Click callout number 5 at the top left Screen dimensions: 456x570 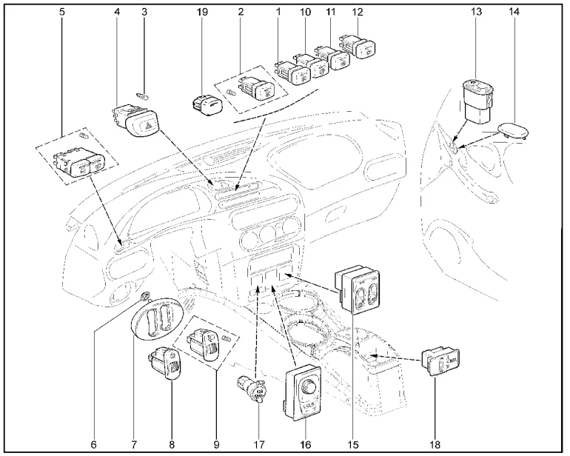[x=62, y=13]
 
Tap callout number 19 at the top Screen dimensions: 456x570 [x=202, y=13]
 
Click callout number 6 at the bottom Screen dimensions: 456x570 [x=93, y=444]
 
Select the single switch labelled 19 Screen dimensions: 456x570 [x=206, y=104]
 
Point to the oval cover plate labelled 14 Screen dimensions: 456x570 [x=512, y=130]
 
